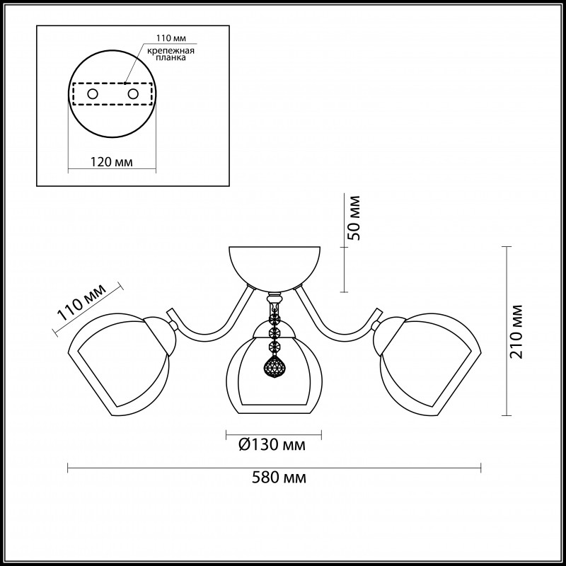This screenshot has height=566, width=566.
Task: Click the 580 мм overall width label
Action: (279, 478)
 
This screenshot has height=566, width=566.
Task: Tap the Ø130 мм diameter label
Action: (272, 445)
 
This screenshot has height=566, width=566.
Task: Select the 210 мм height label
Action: (516, 332)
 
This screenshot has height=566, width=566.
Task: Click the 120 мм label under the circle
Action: (112, 162)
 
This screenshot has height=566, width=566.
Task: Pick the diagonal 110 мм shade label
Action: (82, 302)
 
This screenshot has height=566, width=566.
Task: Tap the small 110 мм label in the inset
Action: (171, 38)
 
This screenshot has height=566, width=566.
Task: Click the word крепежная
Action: (171, 50)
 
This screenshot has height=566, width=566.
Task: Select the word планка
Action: (171, 57)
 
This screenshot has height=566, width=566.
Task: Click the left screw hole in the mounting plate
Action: (93, 94)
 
